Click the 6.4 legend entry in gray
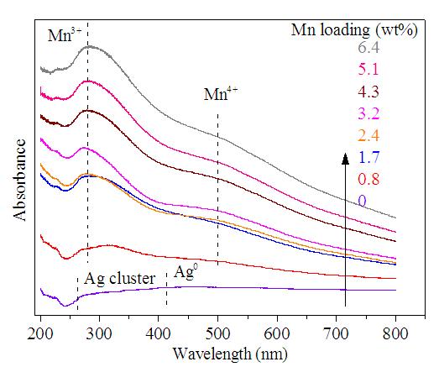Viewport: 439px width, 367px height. (368, 48)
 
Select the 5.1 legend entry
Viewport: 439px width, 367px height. (368, 70)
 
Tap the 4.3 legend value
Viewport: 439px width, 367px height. (368, 92)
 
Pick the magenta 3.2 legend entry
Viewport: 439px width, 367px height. (368, 113)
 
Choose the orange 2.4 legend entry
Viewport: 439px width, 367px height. (368, 135)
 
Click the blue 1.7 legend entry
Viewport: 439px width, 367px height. (368, 157)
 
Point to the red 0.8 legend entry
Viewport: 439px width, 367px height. (368, 179)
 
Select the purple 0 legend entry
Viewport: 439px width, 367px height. (362, 202)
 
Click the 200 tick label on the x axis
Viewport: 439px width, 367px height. (40, 334)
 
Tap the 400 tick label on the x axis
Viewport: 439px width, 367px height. (159, 334)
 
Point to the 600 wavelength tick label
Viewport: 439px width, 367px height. (277, 334)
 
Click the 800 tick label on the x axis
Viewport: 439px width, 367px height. (395, 334)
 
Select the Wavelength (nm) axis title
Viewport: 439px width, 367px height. (230, 354)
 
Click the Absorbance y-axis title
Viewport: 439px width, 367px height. (19, 180)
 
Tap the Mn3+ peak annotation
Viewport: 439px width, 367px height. (65, 34)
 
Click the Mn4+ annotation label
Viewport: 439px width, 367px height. (221, 93)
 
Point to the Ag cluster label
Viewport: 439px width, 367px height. (119, 279)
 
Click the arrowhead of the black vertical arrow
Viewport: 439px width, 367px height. (346, 159)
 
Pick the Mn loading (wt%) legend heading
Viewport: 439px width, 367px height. (354, 29)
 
